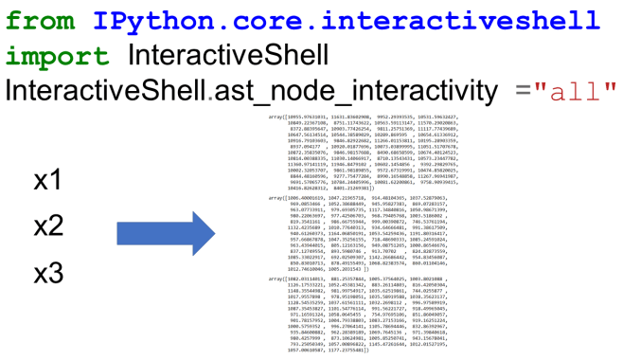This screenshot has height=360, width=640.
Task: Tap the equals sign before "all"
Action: tap(523, 92)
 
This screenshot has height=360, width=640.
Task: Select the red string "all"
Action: tap(576, 92)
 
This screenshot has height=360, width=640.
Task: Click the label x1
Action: tap(47, 180)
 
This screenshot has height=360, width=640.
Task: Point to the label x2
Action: tap(48, 225)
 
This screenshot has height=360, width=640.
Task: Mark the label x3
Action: tap(48, 273)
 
